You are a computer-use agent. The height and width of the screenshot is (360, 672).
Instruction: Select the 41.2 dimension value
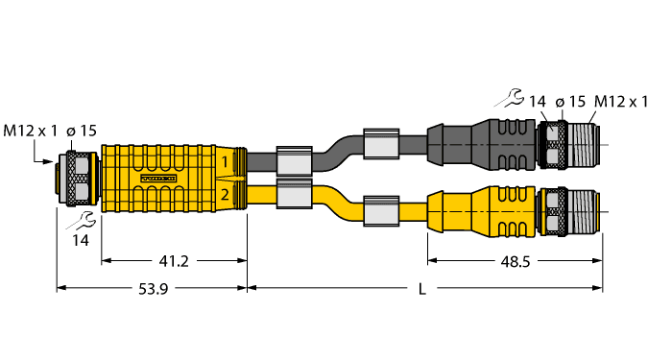click(x=173, y=259)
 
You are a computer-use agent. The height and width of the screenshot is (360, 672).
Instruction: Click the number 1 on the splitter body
click(x=225, y=162)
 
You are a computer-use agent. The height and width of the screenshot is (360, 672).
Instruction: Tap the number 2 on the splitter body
click(x=225, y=196)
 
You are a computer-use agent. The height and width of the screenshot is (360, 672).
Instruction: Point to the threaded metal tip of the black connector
click(x=582, y=143)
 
